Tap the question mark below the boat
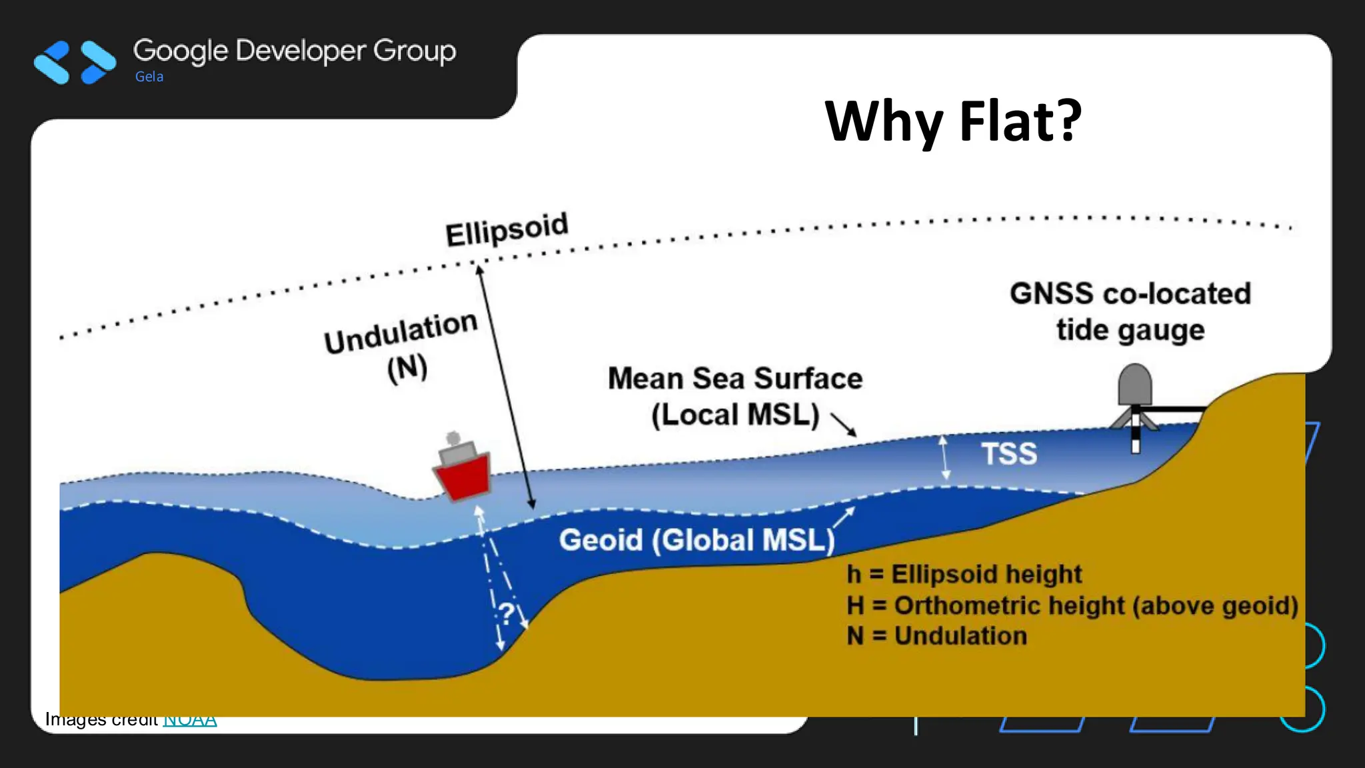pos(507,613)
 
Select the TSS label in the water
pos(1009,454)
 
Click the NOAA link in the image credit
pos(190,720)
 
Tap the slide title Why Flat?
pos(953,121)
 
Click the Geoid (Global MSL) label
pos(696,540)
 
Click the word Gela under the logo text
pos(149,77)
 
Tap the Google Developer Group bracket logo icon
pos(75,63)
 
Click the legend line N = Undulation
pos(936,636)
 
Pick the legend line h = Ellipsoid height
pos(964,574)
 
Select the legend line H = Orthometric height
pos(1072,605)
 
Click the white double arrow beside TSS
pos(944,458)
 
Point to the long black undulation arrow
pos(505,387)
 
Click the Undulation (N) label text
pos(402,347)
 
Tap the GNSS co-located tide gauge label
pos(1130,311)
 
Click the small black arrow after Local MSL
pos(844,424)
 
